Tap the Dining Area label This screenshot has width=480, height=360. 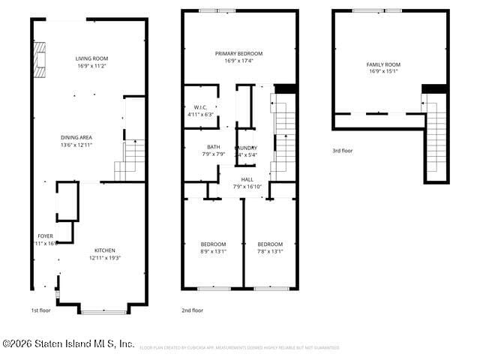[76, 137]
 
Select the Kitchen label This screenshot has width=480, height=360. [105, 250]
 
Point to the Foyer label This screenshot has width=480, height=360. [45, 236]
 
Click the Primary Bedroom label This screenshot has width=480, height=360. [238, 53]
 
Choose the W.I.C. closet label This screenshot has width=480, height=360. [200, 107]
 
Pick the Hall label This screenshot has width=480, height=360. [247, 179]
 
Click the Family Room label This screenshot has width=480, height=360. [383, 64]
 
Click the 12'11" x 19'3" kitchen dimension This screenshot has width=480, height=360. [105, 258]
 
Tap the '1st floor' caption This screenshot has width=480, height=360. [40, 310]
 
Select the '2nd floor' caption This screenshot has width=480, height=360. [192, 310]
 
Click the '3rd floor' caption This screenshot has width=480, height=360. [342, 151]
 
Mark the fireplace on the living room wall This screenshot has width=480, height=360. [39, 60]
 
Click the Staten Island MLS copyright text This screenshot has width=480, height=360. [68, 343]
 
